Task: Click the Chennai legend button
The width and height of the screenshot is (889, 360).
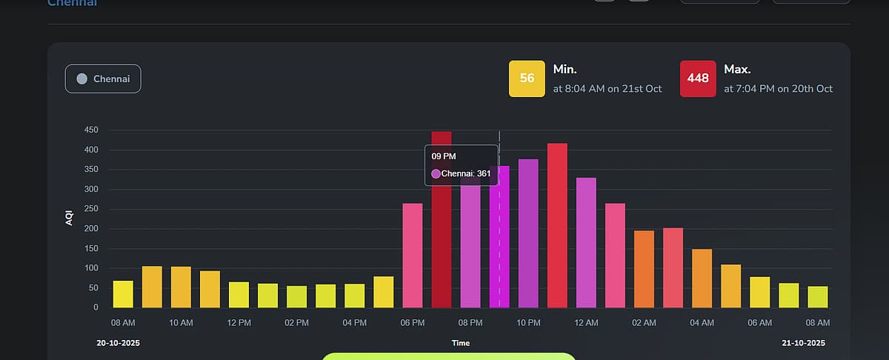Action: [103, 79]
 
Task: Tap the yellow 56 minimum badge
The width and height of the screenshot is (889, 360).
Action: [527, 79]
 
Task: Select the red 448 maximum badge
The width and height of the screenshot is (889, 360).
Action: [698, 79]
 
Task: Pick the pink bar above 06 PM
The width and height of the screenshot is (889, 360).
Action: [413, 256]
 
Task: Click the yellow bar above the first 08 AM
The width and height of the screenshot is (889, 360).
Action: [123, 294]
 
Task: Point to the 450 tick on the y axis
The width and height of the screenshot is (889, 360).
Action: [92, 130]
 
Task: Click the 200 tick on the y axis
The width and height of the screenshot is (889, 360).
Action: [92, 229]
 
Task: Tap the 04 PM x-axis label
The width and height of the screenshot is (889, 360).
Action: [354, 323]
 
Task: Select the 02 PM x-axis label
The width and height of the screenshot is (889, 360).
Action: [296, 323]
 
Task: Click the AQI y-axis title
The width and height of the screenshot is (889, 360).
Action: [70, 219]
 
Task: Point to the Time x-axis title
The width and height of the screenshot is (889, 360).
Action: [461, 343]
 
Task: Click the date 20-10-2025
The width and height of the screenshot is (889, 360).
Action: [119, 343]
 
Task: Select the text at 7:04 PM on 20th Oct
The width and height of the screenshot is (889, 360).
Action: [778, 89]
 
